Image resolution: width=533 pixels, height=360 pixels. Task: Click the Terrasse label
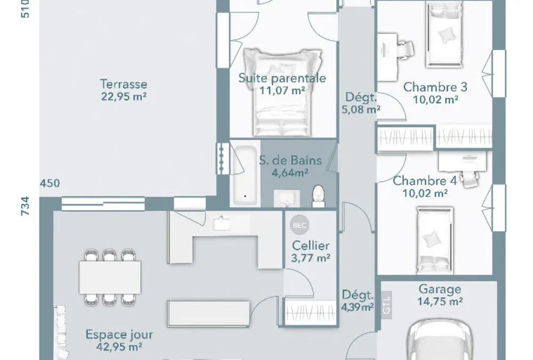coord(124,84)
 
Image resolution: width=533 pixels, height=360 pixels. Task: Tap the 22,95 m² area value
coord(124,97)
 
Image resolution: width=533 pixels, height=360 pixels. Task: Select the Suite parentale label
coord(282,78)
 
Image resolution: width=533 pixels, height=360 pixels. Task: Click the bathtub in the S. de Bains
coord(245,175)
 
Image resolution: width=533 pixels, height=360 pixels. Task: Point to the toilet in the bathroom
coord(319,196)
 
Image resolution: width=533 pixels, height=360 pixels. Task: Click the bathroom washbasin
coord(287,198)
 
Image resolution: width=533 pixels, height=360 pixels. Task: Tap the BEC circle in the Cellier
coord(300,225)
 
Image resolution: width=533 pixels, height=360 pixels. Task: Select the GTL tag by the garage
coord(386,305)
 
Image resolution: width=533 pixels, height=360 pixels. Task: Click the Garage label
coord(440,289)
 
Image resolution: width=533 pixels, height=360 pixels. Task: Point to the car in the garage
coord(440,340)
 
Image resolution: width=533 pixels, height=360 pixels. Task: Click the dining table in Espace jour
coord(110,277)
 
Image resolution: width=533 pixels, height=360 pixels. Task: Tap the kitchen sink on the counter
coord(221,223)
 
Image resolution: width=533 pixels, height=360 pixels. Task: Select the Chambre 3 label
coord(435,87)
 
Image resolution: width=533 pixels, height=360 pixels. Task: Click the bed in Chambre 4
coord(435,240)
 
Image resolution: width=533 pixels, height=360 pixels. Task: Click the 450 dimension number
coord(50,183)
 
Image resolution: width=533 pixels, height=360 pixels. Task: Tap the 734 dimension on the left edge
coord(26,206)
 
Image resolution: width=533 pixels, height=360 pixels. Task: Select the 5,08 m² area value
coord(361,109)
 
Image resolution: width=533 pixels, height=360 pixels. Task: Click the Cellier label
coord(311,245)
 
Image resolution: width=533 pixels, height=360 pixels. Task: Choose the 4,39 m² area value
coord(358,307)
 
